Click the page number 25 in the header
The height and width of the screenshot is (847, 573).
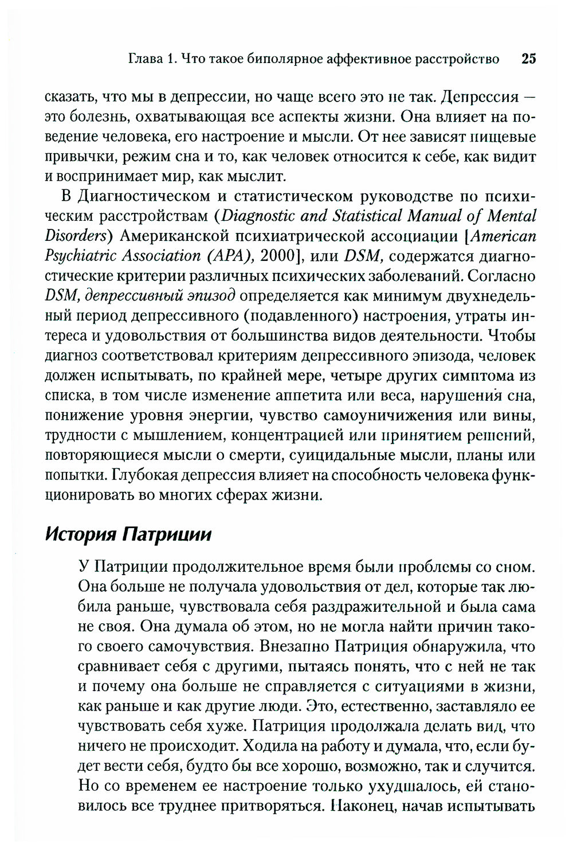coord(528,58)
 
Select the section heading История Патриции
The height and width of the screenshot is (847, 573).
coord(128,534)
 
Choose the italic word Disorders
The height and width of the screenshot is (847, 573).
coord(76,236)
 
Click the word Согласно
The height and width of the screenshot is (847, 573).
coord(502,276)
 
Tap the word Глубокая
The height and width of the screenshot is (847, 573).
coord(144,475)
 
